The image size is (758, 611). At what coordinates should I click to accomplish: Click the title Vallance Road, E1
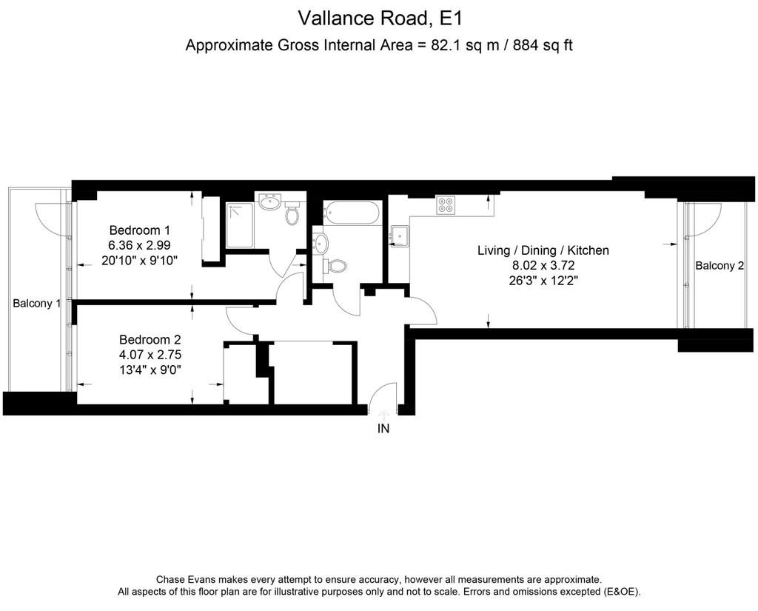380,19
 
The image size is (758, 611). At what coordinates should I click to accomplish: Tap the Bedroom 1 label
140,230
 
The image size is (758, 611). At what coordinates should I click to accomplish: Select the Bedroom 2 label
150,340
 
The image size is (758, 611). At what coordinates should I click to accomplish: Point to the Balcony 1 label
37,304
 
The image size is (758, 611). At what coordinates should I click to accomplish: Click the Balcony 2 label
720,266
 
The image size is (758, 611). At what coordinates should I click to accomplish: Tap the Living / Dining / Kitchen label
543,250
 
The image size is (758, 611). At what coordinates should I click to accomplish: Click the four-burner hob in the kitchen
445,205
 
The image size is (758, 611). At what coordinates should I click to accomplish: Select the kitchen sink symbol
400,236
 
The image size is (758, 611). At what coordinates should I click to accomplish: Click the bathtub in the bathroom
352,213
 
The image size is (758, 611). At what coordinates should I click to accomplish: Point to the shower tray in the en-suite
239,225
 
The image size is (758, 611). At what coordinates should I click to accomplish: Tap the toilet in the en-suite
292,214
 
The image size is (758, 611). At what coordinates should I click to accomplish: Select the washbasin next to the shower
269,201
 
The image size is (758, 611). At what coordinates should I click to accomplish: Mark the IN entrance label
383,428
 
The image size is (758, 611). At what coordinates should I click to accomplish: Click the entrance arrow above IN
383,415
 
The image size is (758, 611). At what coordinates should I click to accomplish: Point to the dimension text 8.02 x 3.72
543,265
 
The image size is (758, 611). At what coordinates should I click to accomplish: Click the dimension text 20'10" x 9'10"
140,260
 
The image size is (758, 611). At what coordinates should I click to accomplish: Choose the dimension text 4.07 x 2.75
150,355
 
